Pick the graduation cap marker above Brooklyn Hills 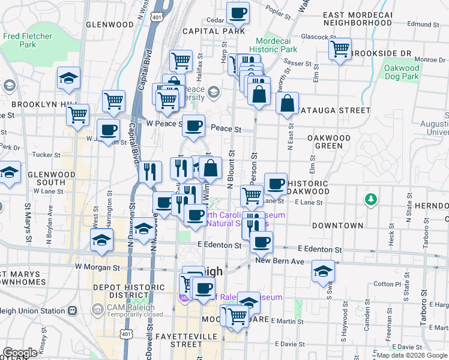pos(69,78)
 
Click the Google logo pos(20,353)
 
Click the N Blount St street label pos(231,174)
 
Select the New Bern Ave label pos(277,261)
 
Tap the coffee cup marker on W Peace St pos(193,126)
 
